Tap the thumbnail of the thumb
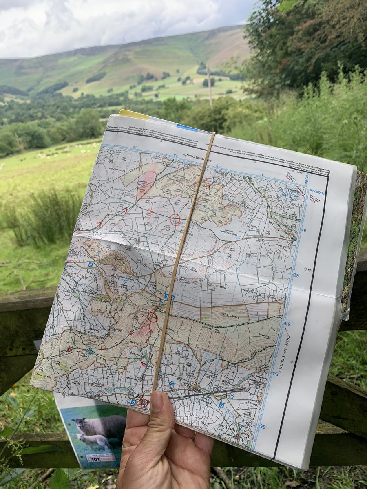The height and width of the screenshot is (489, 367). pos(157,401)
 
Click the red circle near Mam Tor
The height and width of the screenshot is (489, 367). pos(152,317)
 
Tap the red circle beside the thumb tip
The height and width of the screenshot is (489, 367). pos(142,403)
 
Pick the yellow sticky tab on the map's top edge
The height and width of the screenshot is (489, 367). pos(133,115)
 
